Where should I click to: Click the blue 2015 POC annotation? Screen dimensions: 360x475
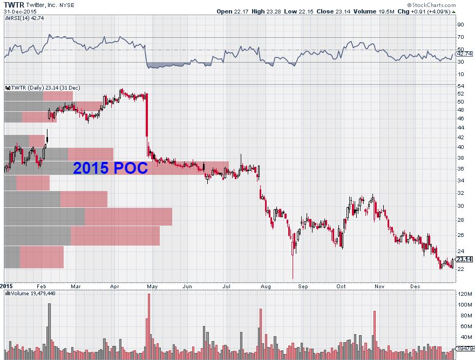(x=110, y=168)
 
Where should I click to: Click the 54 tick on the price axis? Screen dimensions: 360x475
(x=461, y=86)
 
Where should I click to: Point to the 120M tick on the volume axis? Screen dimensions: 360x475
(x=464, y=294)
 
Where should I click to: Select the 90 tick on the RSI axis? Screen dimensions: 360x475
(x=461, y=24)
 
